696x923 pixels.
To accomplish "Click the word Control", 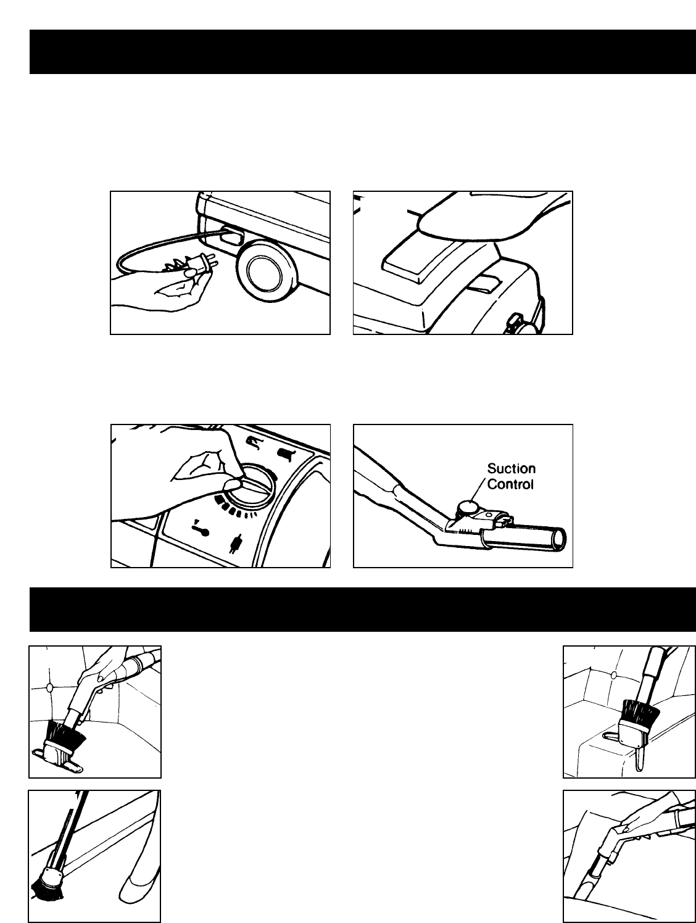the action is point(510,484).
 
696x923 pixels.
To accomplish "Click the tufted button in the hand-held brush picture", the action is point(49,687).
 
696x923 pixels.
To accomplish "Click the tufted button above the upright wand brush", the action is point(613,675).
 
